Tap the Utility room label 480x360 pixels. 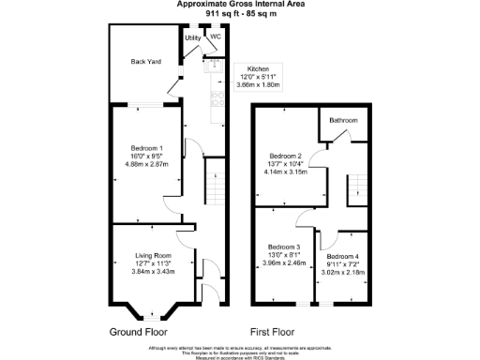point(192,37)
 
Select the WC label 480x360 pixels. point(215,37)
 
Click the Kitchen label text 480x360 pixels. point(259,69)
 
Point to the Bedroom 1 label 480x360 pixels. point(147,149)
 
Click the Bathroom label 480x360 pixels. point(341,120)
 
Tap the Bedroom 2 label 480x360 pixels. point(285,156)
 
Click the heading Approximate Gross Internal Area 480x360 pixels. point(240,4)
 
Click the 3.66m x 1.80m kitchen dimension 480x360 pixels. point(259,85)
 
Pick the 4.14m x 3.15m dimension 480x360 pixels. point(285,172)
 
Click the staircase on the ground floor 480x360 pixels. point(215,184)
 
